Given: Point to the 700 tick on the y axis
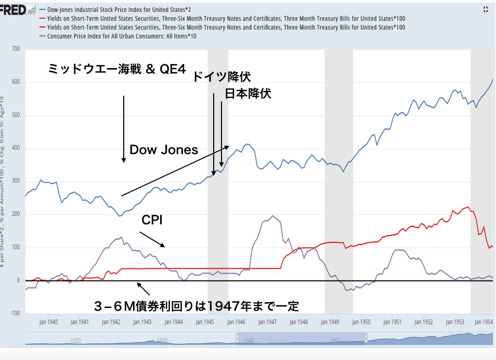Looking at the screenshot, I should [x=15, y=49].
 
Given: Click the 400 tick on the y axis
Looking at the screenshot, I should [x=15, y=148].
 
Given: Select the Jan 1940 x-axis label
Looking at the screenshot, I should [x=48, y=322].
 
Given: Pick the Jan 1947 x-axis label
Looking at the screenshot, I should [x=268, y=322].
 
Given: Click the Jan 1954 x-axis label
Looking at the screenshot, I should [x=484, y=322].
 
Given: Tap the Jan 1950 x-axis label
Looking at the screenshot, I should [x=362, y=322].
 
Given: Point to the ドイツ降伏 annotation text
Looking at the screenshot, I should [x=221, y=78].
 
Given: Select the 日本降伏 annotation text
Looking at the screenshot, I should [x=248, y=94].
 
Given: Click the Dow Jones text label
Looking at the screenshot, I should [x=164, y=150].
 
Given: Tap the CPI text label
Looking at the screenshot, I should [x=152, y=220].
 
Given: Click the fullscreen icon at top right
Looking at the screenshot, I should [x=486, y=9].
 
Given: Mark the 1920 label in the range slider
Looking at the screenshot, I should [x=76, y=341].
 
